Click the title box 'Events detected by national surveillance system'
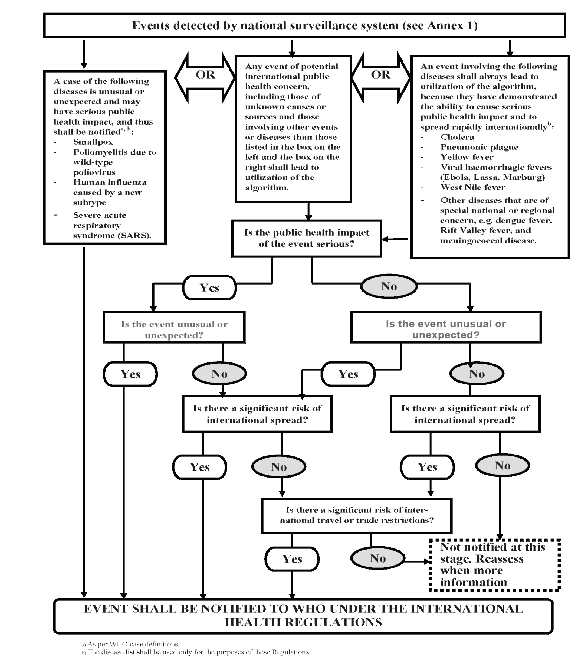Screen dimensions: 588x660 tap(304, 25)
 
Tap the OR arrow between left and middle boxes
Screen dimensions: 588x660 tap(205, 78)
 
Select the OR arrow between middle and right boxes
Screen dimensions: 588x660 tap(381, 78)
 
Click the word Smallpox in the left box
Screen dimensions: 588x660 tap(93, 142)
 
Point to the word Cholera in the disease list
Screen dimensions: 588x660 tap(457, 137)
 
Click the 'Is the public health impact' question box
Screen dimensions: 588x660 tap(307, 238)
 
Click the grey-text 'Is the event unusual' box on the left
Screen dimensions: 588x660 tap(174, 327)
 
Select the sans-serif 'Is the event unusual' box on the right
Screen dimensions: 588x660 tap(446, 327)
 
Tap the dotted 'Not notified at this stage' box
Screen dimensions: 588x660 tap(495, 565)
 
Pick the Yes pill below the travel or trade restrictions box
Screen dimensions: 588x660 tap(292, 559)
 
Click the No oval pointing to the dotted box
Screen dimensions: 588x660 tap(378, 558)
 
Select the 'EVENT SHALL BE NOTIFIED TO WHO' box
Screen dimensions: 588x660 tap(303, 616)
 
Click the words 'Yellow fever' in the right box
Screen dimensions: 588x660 tap(467, 157)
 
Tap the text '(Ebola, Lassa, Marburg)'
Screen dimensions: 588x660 tap(493, 177)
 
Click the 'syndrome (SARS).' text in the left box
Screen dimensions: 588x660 tap(112, 236)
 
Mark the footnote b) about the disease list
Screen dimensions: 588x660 tap(196, 652)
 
